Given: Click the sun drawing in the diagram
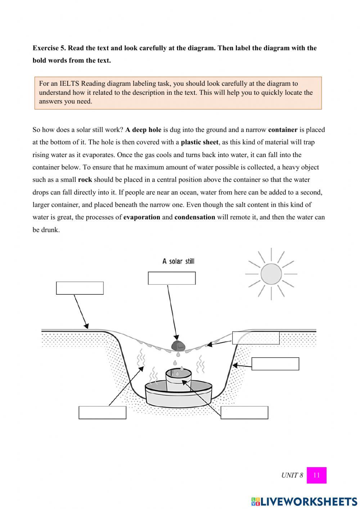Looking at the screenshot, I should [271, 274].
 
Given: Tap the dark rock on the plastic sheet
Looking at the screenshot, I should [178, 345].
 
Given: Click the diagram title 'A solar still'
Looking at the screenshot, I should [178, 261].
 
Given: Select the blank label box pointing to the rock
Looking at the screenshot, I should [172, 278].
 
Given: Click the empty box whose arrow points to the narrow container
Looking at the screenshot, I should [244, 412].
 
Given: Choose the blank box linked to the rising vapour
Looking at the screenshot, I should [102, 412].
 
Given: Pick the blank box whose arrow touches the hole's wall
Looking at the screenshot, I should [275, 364].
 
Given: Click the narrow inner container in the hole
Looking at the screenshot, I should [178, 380].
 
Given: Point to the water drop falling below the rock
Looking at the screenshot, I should [175, 362].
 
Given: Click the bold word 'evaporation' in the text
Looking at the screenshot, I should [141, 217].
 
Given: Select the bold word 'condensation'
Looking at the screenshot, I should [194, 217].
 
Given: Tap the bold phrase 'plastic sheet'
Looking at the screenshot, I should [199, 142].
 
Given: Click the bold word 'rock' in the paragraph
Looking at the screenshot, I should [85, 180].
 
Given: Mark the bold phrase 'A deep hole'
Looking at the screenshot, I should [143, 130].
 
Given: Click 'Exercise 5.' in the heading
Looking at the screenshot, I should [49, 48].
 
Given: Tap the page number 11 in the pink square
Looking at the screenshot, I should [316, 475].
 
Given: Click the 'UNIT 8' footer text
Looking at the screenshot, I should [292, 475].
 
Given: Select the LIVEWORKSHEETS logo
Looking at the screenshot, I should [304, 501].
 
